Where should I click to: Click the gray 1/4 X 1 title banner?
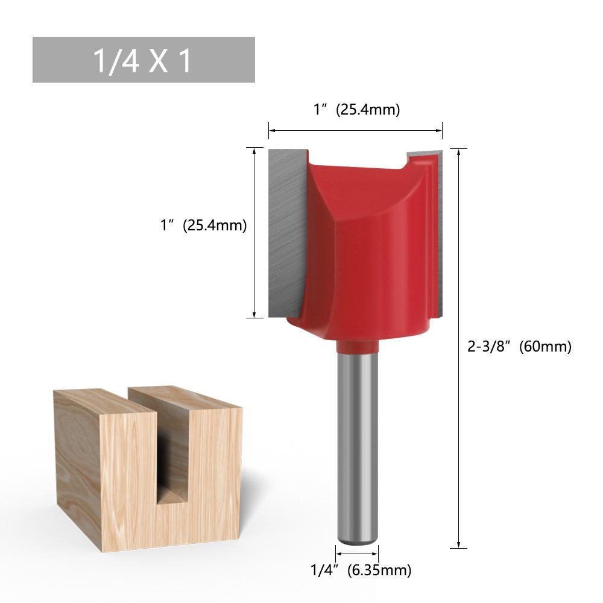pyautogui.click(x=144, y=60)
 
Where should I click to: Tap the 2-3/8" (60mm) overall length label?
pyautogui.click(x=519, y=347)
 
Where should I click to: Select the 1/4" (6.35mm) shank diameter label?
pyautogui.click(x=361, y=570)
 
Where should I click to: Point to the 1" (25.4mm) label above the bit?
pyautogui.click(x=356, y=110)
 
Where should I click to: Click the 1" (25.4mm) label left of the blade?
pyautogui.click(x=203, y=225)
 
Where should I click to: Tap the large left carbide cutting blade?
pyautogui.click(x=286, y=233)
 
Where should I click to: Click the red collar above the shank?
pyautogui.click(x=357, y=346)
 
